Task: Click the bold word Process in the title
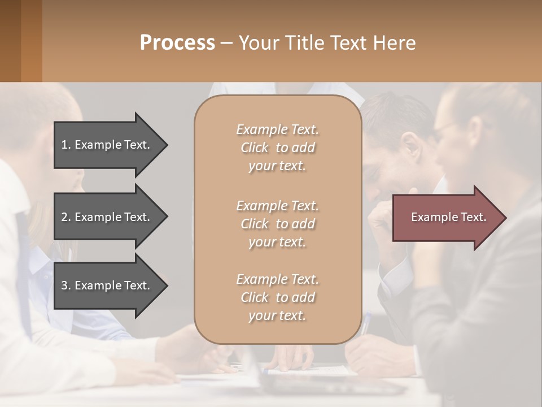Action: coord(177,43)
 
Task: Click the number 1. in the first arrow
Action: coord(66,145)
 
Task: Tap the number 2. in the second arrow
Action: coord(66,217)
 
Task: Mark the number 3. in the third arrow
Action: coord(66,285)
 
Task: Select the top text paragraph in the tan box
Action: coord(277,148)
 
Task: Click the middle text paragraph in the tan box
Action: coord(277,224)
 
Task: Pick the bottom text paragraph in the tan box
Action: coord(277,297)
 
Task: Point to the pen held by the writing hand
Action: coord(366,324)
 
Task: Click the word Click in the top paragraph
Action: coord(255,148)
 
